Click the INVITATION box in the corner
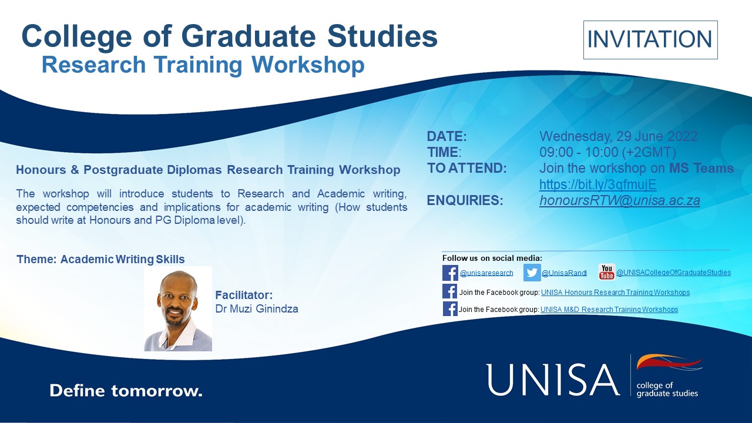point(650,40)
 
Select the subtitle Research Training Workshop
point(203,65)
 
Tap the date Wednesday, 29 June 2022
point(618,137)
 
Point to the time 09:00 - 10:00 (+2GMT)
point(606,153)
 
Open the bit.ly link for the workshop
point(597,184)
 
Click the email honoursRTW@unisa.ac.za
point(619,200)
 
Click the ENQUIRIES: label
point(465,200)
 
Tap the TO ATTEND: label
point(466,169)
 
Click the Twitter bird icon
point(532,273)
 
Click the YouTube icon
point(606,272)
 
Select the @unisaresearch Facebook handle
point(486,273)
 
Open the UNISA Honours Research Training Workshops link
point(615,293)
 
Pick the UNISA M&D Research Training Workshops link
point(609,310)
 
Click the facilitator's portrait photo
point(178,309)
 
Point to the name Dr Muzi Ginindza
point(257,308)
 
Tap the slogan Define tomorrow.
point(126,391)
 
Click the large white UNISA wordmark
point(553,380)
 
